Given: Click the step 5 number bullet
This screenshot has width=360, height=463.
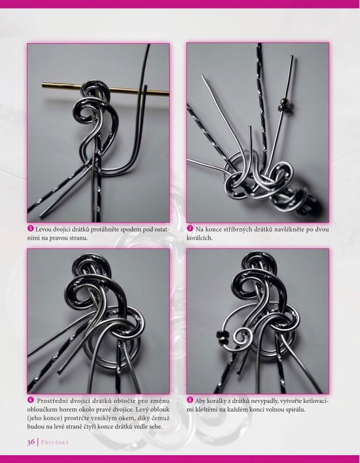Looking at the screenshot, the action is coord(30,229).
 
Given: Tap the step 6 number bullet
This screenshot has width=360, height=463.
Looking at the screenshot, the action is coord(30,400).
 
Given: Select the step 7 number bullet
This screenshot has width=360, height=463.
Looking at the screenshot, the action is coord(190,229).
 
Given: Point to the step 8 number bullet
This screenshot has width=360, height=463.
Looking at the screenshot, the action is coord(190,400).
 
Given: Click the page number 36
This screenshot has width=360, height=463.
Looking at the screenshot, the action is coord(31,442).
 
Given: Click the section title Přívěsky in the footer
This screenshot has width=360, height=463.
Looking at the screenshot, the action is coord(55,442).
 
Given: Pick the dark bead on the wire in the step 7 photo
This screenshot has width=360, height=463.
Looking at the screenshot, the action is coord(281,108).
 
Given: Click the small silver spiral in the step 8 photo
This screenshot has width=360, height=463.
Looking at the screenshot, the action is coord(243,337).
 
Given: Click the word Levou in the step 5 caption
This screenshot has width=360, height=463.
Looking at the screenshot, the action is coord(44,229).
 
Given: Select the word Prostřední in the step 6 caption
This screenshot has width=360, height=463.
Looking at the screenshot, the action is coord(52,401).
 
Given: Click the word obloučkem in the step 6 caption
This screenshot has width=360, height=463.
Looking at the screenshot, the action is coord(41,409).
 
